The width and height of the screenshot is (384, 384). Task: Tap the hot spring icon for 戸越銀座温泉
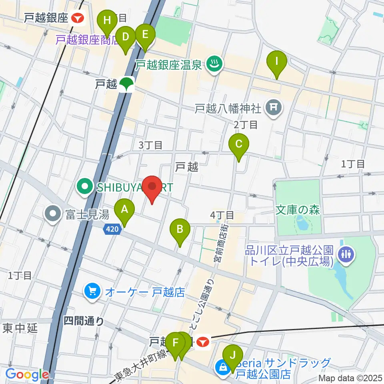pyautogui.click(x=214, y=64)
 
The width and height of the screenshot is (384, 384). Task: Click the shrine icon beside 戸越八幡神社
pyautogui.click(x=274, y=108)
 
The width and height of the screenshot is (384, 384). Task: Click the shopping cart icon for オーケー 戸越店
pyautogui.click(x=93, y=291)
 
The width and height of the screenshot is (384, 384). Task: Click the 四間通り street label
pyautogui.click(x=84, y=321)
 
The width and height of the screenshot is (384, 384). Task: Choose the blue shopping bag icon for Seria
pyautogui.click(x=222, y=367)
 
